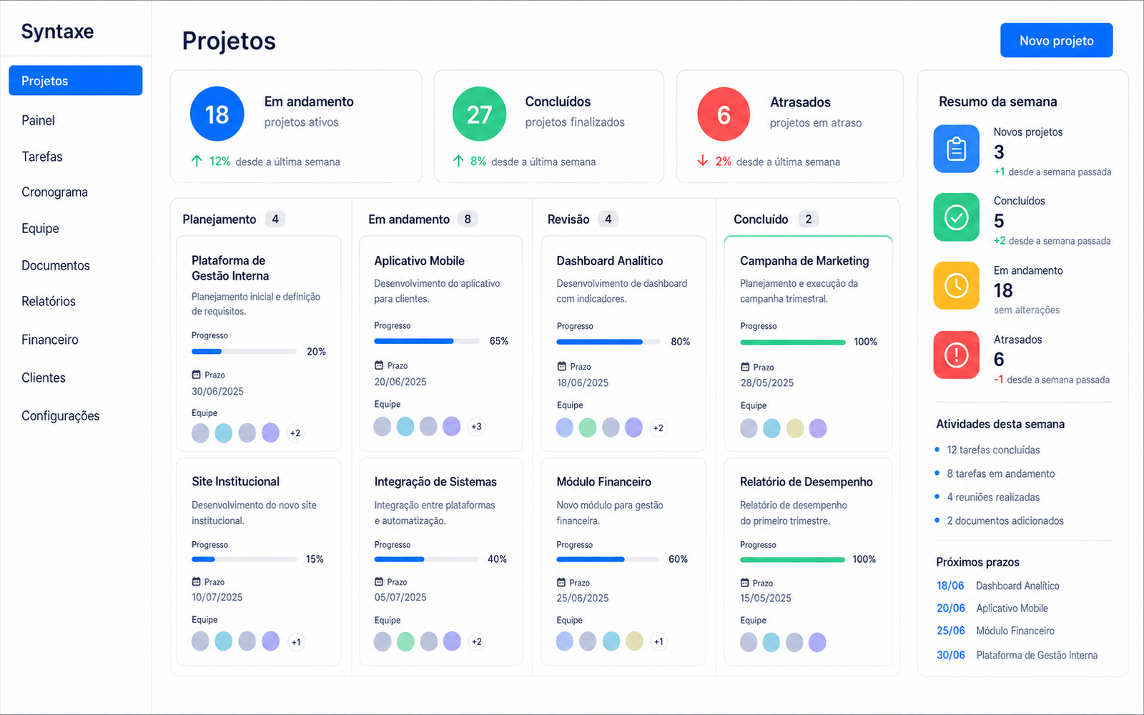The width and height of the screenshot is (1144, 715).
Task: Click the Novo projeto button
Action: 1056,40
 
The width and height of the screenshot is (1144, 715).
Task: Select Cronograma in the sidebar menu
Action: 54,192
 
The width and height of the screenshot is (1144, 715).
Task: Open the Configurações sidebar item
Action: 60,415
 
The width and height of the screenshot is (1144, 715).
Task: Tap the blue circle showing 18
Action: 217,114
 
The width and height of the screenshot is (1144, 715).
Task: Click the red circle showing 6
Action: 724,114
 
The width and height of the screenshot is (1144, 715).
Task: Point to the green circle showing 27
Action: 479,114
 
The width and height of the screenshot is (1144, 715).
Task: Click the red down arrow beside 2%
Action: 703,162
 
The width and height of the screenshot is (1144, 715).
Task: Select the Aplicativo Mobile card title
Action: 419,261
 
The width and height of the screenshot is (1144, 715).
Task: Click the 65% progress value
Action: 499,341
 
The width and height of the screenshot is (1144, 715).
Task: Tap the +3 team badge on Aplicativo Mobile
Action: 476,426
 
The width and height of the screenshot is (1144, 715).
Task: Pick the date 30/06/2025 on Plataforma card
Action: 217,391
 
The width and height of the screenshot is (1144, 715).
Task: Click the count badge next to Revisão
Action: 608,219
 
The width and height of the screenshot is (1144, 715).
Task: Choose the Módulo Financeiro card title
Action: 603,482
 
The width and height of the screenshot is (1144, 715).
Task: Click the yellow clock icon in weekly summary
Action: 956,285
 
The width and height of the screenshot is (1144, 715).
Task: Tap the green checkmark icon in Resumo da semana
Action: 956,217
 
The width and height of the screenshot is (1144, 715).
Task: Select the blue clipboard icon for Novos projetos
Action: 956,149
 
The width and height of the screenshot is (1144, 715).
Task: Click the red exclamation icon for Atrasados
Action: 956,355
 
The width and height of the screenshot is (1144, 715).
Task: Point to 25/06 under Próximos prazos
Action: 950,631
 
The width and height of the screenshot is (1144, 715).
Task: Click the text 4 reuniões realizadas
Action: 993,497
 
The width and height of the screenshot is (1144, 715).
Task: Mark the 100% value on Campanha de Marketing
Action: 866,342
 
